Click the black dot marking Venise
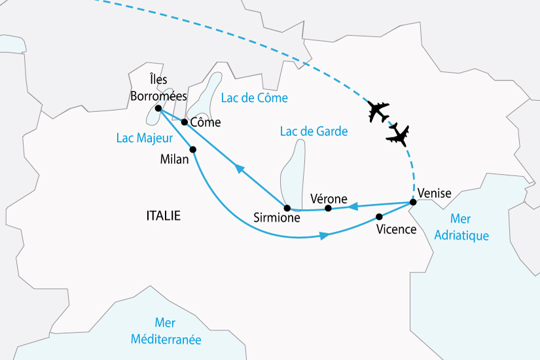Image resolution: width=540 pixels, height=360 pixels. point(413,202)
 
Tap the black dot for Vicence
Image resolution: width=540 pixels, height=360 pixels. point(379,217)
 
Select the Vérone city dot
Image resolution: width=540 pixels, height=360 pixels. point(329,208)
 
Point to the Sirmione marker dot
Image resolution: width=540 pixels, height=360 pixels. point(287,208)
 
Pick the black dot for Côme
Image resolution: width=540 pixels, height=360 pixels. point(185,122)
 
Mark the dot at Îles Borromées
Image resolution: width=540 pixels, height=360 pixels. point(158,108)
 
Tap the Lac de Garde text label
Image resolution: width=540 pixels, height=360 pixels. point(314,132)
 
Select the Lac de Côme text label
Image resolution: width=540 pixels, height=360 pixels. point(255,98)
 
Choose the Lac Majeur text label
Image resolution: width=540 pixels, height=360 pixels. point(144,138)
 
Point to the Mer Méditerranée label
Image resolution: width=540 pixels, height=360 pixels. point(165,333)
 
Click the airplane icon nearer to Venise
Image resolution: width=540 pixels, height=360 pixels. point(398,136)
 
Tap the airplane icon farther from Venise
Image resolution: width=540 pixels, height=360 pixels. point(378,112)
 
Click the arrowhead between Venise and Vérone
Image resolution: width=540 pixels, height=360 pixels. point(351,207)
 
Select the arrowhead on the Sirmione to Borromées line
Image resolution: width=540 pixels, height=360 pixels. point(240,170)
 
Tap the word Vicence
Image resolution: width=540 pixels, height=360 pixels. point(397,230)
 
